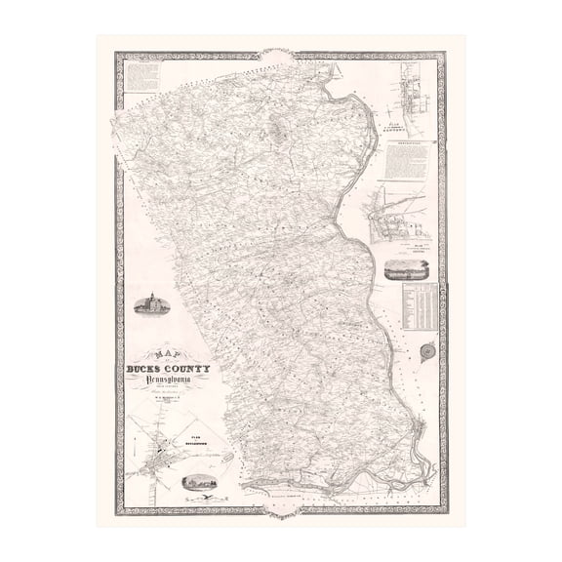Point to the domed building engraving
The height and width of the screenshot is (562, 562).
[x=151, y=303]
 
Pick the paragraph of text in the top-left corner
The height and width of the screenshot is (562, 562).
[x=142, y=79]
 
